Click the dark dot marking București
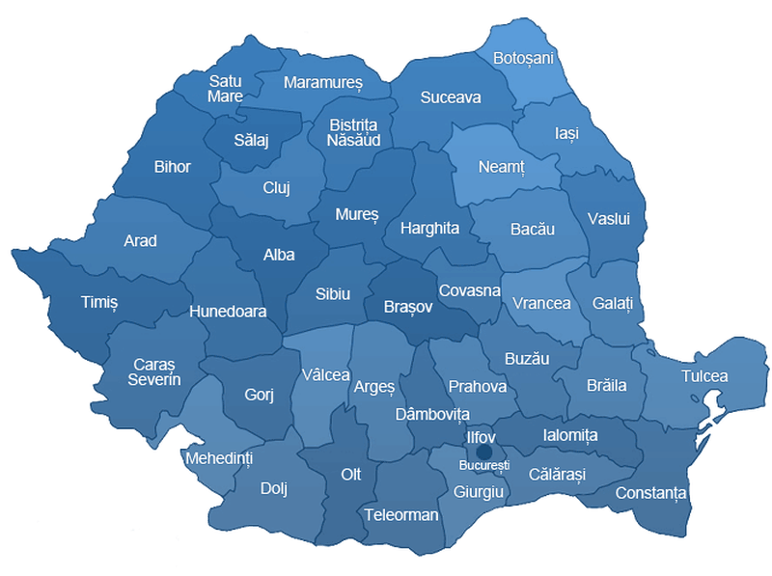point(484,452)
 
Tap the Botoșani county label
point(523,59)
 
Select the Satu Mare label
point(225,89)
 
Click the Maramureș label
point(322,83)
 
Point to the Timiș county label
point(97,302)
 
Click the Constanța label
point(650,493)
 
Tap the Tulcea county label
point(704,376)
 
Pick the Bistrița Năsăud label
point(355,132)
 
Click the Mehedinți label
point(218,457)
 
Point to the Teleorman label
point(401,514)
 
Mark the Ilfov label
point(482,437)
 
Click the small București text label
point(483,466)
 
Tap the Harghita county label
point(428,229)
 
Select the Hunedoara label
point(228,312)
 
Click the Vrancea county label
point(541,303)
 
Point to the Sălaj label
point(251,141)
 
